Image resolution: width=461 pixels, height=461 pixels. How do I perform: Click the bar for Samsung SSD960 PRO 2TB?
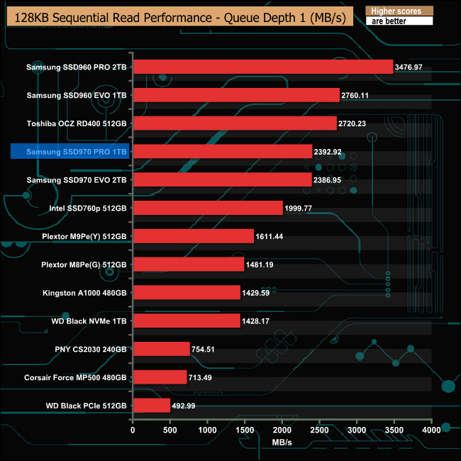(x=262, y=67)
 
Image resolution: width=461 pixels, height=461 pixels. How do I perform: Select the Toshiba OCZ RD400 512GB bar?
(x=234, y=123)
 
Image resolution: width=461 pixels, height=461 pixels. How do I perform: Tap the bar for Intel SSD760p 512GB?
(x=208, y=208)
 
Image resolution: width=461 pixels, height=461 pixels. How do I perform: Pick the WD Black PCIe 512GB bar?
(x=151, y=406)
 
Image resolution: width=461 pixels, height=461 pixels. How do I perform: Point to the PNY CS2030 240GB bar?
(x=161, y=349)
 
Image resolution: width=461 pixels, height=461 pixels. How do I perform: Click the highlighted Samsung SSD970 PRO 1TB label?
(x=70, y=151)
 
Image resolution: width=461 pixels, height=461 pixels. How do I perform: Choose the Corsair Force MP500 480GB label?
(x=75, y=377)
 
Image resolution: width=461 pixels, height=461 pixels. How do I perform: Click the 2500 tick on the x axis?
(x=319, y=429)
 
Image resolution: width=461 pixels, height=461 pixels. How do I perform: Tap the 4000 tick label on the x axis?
(x=431, y=429)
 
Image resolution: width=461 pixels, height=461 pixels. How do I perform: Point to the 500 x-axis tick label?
(x=170, y=429)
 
